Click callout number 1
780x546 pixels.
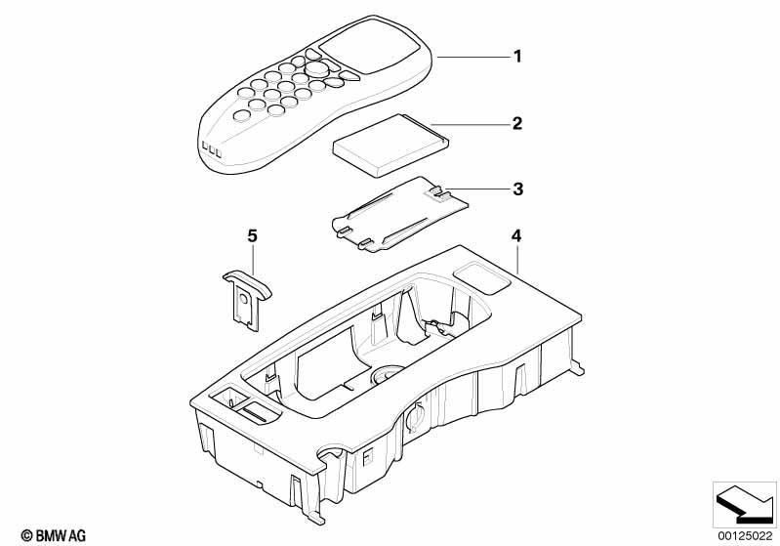click(517, 57)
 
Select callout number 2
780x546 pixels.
click(517, 123)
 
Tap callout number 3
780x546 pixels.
click(517, 189)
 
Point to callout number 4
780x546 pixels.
click(516, 236)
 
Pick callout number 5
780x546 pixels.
click(252, 236)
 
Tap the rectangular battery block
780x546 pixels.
click(390, 145)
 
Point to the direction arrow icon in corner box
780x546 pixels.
click(745, 505)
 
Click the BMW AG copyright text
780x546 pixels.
click(54, 535)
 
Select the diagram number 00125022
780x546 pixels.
click(745, 535)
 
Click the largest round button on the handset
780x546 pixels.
click(317, 68)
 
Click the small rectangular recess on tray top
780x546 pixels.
click(481, 277)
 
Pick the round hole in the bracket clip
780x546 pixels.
click(244, 298)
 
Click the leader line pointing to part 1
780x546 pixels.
click(474, 58)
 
